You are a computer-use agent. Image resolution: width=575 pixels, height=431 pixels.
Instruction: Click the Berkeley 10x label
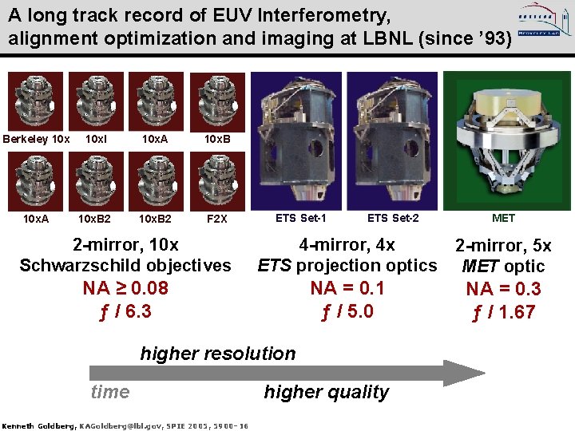pyautogui.click(x=36, y=139)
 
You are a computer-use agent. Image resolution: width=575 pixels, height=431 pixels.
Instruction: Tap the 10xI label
pyautogui.click(x=96, y=139)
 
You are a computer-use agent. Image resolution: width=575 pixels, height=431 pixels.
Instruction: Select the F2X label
pyautogui.click(x=217, y=219)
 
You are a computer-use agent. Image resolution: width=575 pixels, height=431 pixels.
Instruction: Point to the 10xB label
pyautogui.click(x=217, y=139)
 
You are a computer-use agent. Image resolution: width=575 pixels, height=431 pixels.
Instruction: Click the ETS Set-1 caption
pyautogui.click(x=301, y=218)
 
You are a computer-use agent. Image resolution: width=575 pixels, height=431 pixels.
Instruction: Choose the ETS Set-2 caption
pyautogui.click(x=393, y=218)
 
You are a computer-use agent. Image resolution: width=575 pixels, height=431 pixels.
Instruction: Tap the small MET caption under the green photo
pyautogui.click(x=503, y=218)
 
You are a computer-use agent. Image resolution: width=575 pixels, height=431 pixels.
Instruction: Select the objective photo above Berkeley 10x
pyautogui.click(x=36, y=101)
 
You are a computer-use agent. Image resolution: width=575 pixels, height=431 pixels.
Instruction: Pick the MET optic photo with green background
pyautogui.click(x=503, y=140)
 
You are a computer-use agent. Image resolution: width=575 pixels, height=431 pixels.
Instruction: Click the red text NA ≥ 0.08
pyautogui.click(x=125, y=288)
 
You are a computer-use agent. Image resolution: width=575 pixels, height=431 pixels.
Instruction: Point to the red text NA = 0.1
pyautogui.click(x=347, y=288)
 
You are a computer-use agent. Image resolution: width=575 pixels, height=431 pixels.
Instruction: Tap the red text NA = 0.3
pyautogui.click(x=503, y=289)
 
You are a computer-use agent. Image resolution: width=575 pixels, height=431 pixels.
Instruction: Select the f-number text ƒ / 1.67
pyautogui.click(x=503, y=312)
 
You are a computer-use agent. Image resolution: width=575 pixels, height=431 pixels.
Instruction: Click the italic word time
pyautogui.click(x=110, y=392)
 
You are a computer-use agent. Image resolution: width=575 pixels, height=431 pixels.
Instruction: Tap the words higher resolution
pyautogui.click(x=218, y=354)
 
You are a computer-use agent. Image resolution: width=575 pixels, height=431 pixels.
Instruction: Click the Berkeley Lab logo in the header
pyautogui.click(x=540, y=25)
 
